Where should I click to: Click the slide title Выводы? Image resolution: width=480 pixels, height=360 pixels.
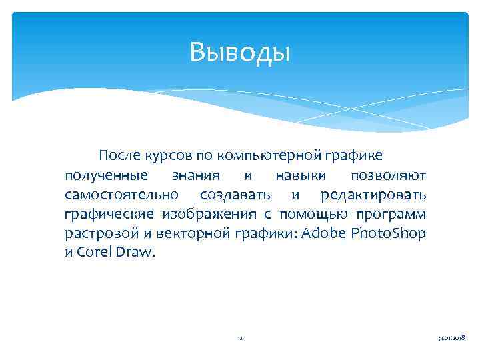[x=240, y=51]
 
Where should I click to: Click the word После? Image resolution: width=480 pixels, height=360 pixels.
[x=120, y=156]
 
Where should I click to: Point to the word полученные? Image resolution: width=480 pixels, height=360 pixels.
[x=106, y=175]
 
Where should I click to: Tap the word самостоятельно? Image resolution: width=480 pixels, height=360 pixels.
[x=122, y=195]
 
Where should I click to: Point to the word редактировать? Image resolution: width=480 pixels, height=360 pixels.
[x=373, y=195]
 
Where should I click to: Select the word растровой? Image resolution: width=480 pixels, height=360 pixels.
[x=100, y=233]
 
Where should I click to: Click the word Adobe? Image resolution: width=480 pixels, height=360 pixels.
[x=324, y=233]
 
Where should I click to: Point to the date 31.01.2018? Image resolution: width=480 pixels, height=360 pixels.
[x=451, y=339]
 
